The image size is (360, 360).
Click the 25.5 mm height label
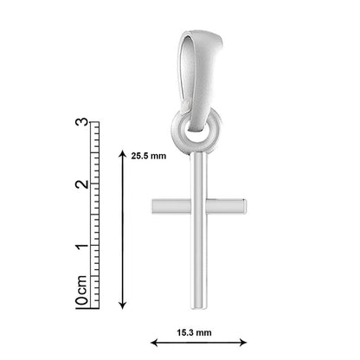tap(149, 156)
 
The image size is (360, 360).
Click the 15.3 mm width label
tap(194, 332)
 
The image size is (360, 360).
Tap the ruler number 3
tap(81, 122)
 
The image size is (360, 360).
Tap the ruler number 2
tap(81, 183)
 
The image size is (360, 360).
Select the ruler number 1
tap(81, 246)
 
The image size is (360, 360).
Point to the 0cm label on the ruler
tap(81, 290)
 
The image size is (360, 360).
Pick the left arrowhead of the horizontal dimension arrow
tap(153, 343)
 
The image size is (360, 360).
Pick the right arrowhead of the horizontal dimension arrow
tap(244, 343)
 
